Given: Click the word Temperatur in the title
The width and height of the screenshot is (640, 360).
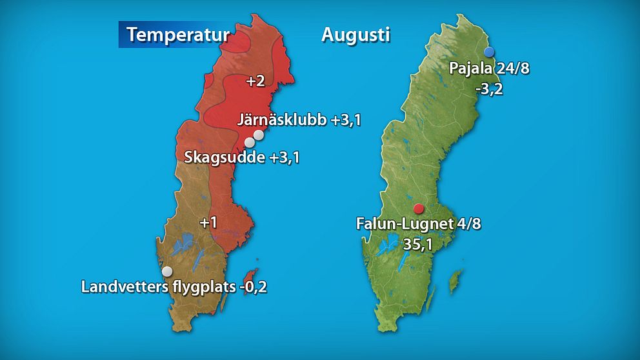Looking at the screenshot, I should point(177,34).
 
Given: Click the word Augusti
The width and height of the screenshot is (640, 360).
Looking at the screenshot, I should point(355,34).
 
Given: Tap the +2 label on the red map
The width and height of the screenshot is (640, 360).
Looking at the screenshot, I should point(256,81).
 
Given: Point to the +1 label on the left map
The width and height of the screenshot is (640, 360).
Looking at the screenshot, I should point(208,223).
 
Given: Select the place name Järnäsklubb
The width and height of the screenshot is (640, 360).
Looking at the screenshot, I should point(282,120).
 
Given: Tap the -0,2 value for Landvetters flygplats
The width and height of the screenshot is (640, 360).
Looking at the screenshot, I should point(252,287).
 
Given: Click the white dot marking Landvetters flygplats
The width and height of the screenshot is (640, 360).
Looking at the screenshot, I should point(167,271).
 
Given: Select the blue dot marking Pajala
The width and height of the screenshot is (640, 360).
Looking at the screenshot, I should point(490,52).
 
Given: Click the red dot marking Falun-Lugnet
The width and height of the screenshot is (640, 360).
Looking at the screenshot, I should point(419,208).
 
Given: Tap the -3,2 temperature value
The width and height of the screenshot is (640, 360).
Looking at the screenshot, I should point(489,89).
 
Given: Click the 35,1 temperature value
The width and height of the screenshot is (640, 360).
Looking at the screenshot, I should point(418,245).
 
